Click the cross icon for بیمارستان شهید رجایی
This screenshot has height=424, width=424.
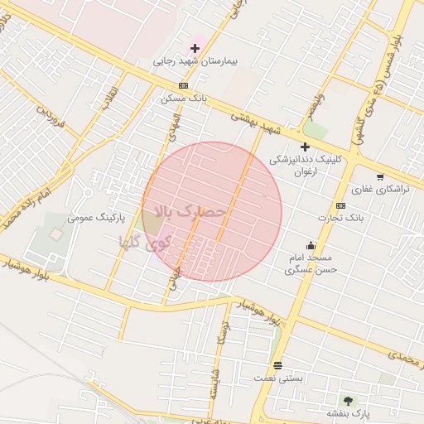(x=195, y=48)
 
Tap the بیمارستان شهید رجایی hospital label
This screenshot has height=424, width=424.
(x=195, y=61)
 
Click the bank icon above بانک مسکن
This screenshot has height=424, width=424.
(x=183, y=85)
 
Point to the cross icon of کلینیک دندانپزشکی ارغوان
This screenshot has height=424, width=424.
(x=305, y=147)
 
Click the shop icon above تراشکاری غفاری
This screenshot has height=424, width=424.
(x=380, y=176)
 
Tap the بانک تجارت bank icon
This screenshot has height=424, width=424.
(x=340, y=205)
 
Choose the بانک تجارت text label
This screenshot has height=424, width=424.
(x=340, y=217)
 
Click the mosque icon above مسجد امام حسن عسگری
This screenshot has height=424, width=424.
(x=311, y=245)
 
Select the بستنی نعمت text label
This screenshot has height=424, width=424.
(x=278, y=378)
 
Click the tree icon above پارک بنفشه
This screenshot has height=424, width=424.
(x=347, y=401)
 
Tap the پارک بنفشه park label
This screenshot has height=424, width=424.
(x=347, y=412)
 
